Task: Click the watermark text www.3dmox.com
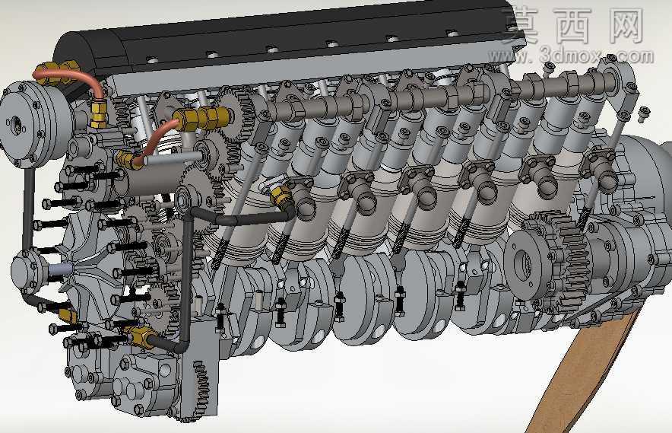point(571,56)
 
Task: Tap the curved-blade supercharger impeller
point(92,268)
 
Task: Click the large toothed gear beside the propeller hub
point(557,262)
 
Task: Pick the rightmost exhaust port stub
point(604,172)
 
